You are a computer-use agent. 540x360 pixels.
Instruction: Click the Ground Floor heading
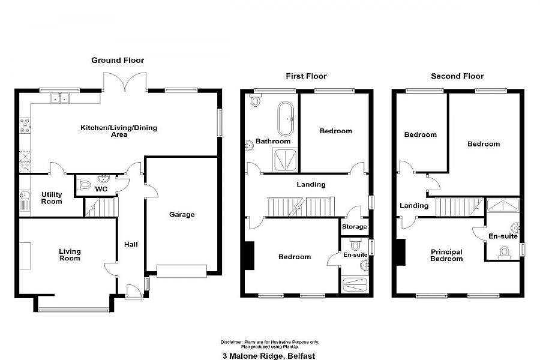point(118,60)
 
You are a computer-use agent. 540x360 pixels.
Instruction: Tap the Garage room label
point(181,214)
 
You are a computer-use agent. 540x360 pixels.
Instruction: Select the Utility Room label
point(52,198)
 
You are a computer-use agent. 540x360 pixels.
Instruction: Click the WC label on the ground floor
point(101,190)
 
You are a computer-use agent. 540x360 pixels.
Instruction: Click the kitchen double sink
point(60,98)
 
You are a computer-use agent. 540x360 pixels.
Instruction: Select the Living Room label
point(70,254)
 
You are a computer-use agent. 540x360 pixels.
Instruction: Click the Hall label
point(131,244)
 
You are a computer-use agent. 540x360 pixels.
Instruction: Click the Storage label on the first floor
point(354,227)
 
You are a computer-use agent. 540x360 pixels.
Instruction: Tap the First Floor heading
point(306,76)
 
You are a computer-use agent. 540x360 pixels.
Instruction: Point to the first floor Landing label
point(311,184)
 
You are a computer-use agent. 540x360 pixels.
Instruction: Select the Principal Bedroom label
point(446,255)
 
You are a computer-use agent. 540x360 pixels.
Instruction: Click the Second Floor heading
point(457,76)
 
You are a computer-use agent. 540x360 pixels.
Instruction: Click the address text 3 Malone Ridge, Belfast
point(269,355)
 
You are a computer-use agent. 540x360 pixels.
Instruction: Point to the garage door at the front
point(181,271)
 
